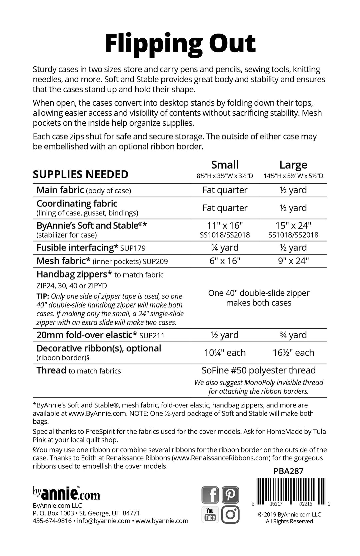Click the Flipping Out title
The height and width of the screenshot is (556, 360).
coord(180,44)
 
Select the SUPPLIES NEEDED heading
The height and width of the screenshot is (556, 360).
coord(80,174)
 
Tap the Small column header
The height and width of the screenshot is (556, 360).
coord(225,165)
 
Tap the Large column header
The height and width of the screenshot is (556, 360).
coord(293,165)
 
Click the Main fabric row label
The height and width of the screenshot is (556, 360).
coord(60,190)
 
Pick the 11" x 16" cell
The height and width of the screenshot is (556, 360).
coord(225,226)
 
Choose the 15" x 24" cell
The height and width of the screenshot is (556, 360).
coord(293,226)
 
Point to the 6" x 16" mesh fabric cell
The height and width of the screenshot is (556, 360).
coord(225,261)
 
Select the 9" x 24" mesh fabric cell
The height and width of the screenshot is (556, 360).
coord(293,261)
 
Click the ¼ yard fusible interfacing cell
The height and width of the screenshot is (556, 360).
coord(225,248)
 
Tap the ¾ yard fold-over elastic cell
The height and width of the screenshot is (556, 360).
coord(293,335)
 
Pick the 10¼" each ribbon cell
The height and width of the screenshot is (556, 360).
coord(225,353)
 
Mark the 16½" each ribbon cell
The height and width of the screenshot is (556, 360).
coord(293,353)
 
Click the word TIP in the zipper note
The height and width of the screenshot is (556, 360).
coord(42,296)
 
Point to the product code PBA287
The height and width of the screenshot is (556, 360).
coord(288,471)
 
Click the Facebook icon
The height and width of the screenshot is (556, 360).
coord(210,495)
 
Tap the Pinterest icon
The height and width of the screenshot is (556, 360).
coord(230,495)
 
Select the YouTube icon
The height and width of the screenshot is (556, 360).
coord(210,514)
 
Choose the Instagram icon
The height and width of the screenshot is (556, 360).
coord(230,514)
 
